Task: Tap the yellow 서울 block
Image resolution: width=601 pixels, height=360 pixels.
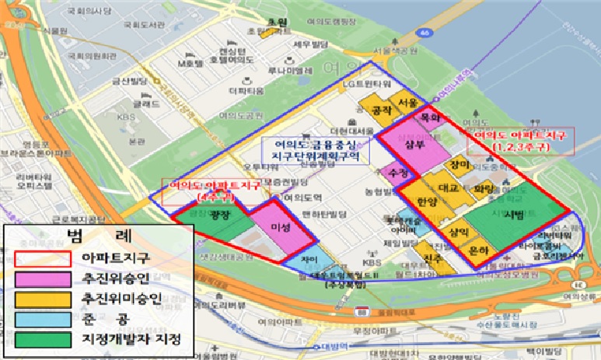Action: (407, 103)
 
